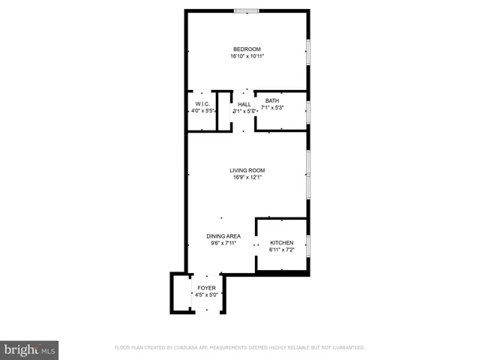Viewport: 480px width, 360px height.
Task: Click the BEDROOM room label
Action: pyautogui.click(x=247, y=49)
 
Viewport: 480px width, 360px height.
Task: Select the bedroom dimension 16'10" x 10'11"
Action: pyautogui.click(x=247, y=56)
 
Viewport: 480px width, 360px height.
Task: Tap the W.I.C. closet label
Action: pyautogui.click(x=202, y=103)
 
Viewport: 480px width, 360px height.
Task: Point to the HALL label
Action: pyautogui.click(x=244, y=103)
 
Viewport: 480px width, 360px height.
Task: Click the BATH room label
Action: pyautogui.click(x=271, y=100)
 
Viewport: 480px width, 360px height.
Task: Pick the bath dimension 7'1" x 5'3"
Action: pyautogui.click(x=271, y=108)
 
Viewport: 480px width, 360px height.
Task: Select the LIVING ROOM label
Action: pyautogui.click(x=247, y=170)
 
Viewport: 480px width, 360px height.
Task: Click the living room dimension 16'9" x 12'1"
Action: pyautogui.click(x=247, y=178)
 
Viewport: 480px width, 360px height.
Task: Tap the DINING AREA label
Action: pyautogui.click(x=223, y=236)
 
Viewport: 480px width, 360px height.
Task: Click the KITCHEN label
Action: pyautogui.click(x=282, y=243)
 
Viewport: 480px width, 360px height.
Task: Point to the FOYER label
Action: pyautogui.click(x=206, y=288)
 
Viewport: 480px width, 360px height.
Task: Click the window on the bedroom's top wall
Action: pyautogui.click(x=247, y=10)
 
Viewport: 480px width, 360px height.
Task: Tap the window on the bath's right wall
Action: pyautogui.click(x=308, y=111)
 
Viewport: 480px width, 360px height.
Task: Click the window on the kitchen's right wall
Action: pyautogui.click(x=308, y=245)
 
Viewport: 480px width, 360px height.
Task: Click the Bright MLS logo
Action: pyautogui.click(x=29, y=350)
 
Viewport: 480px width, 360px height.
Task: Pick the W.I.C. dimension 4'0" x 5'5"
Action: pyautogui.click(x=202, y=111)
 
